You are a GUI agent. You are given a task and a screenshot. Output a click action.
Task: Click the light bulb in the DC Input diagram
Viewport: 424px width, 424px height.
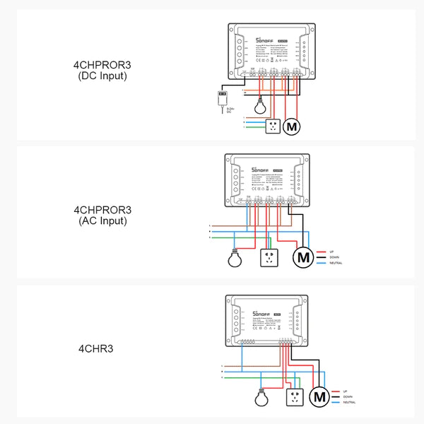(262, 108)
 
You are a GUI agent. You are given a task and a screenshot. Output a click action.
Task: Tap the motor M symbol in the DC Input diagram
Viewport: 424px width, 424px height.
(291, 127)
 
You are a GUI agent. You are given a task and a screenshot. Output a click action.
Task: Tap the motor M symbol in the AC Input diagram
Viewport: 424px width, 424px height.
(304, 258)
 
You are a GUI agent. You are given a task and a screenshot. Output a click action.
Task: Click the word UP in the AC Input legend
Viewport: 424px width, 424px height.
(331, 251)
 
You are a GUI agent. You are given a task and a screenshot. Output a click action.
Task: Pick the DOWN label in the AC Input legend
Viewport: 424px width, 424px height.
(334, 257)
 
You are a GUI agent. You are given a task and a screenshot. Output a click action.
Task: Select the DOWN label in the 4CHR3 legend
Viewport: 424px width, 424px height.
(347, 396)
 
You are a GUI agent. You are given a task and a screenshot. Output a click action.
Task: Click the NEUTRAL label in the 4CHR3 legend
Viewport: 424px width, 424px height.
(349, 402)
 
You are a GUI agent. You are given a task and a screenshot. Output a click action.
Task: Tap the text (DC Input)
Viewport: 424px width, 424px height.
(102, 76)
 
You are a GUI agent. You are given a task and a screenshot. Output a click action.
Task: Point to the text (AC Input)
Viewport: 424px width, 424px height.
(102, 221)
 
